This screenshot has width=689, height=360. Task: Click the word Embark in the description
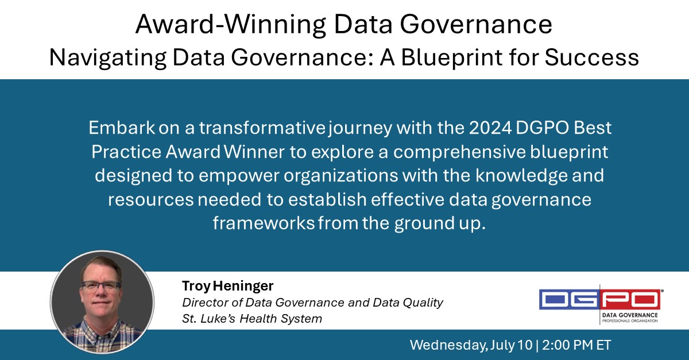tap(117, 128)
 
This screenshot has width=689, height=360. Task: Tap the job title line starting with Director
tap(312, 302)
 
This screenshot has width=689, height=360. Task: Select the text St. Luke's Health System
tap(252, 318)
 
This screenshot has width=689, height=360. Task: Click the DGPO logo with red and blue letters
tap(599, 299)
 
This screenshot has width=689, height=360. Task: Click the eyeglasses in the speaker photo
tap(100, 285)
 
